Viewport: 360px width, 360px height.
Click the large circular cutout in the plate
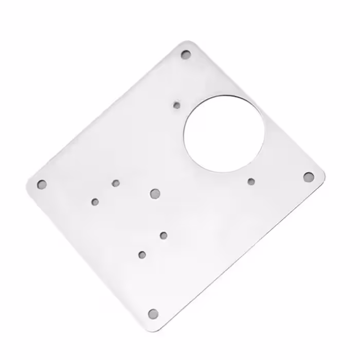(x=224, y=133)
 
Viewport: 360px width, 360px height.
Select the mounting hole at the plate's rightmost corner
(x=308, y=177)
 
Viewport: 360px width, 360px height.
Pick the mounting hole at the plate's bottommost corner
(x=153, y=313)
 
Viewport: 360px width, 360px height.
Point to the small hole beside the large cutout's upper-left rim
(x=177, y=105)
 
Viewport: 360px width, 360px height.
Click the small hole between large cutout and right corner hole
(x=251, y=181)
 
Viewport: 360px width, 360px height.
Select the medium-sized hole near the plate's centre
(x=155, y=193)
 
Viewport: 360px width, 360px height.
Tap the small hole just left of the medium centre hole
(x=116, y=183)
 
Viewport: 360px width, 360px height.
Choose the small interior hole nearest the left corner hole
(x=95, y=202)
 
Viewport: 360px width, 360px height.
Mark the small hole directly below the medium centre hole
(x=164, y=236)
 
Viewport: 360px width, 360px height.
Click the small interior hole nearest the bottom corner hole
(x=142, y=254)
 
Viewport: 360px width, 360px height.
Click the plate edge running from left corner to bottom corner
(x=87, y=255)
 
